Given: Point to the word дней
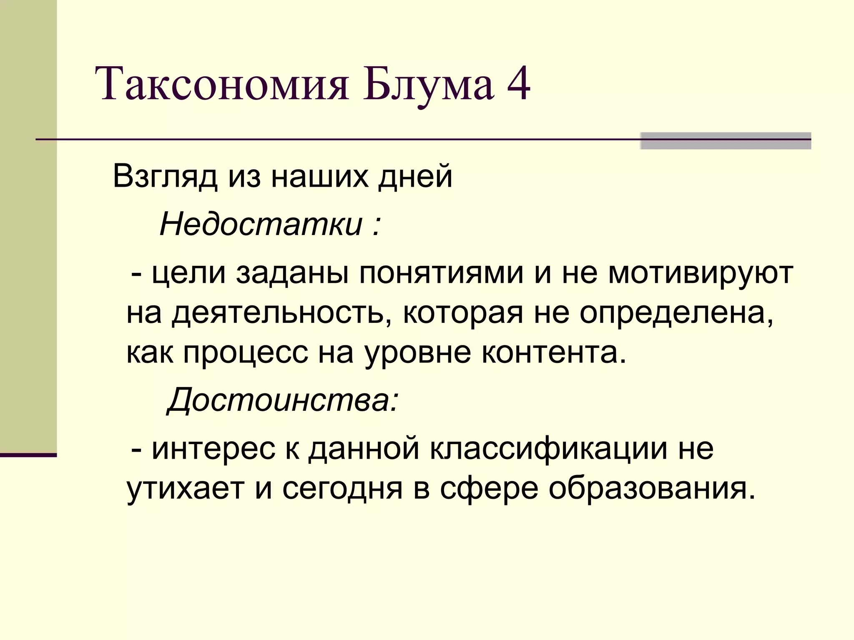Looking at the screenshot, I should click(415, 177).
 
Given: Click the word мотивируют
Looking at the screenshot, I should click(701, 274).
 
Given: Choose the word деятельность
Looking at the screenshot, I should click(278, 312).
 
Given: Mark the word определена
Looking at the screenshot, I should click(676, 312).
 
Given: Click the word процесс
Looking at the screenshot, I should click(246, 352).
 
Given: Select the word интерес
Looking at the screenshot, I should click(213, 449).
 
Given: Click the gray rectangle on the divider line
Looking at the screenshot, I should click(725, 141).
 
